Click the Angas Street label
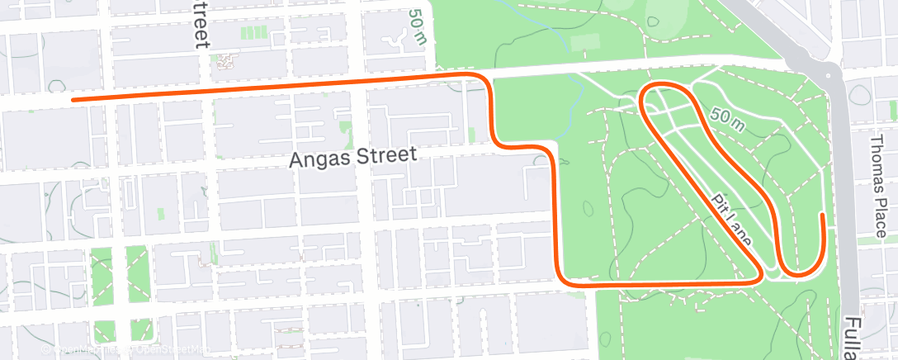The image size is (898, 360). click(354, 158)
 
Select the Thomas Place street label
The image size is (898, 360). click(877, 171)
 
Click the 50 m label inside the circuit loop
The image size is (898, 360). click(725, 120)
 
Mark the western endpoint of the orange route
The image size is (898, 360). click(73, 100)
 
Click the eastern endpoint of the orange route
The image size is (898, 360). click(822, 216)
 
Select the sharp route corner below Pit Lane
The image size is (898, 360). click(759, 278)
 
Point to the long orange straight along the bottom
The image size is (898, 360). click(660, 283)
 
